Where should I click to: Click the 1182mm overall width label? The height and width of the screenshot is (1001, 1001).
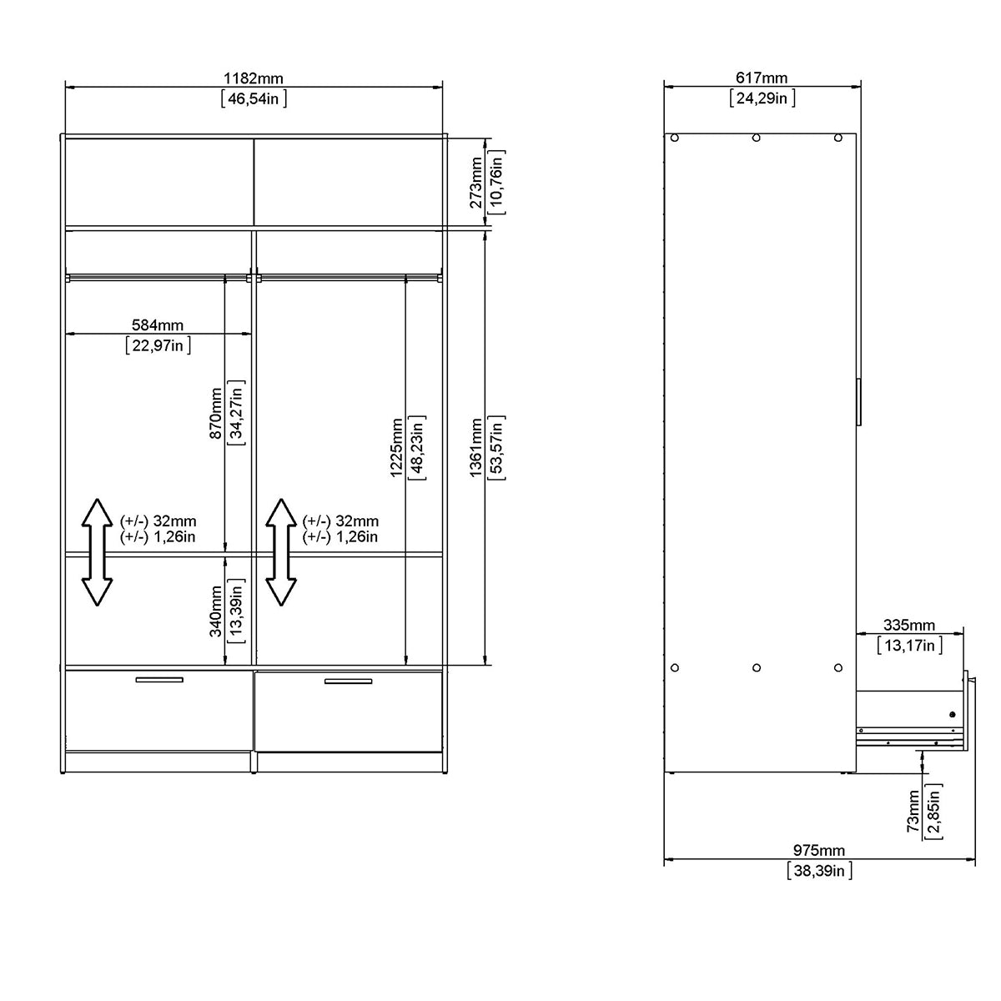pyautogui.click(x=253, y=78)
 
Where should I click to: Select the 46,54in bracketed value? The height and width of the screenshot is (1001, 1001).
pyautogui.click(x=254, y=98)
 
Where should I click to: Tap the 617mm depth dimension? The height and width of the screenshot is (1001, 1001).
pyautogui.click(x=761, y=78)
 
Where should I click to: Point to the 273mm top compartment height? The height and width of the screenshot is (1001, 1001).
pyautogui.click(x=475, y=182)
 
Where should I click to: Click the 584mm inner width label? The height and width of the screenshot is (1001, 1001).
pyautogui.click(x=158, y=325)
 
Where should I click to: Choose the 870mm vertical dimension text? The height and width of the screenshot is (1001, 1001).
pyautogui.click(x=216, y=413)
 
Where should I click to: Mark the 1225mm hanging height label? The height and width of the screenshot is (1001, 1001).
pyautogui.click(x=397, y=446)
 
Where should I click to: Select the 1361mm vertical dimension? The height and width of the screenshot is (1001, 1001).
pyautogui.click(x=475, y=448)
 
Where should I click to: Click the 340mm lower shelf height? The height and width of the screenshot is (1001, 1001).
pyautogui.click(x=216, y=611)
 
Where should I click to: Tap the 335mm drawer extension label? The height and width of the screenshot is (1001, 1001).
pyautogui.click(x=909, y=626)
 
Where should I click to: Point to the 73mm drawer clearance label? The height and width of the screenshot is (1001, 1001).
pyautogui.click(x=913, y=811)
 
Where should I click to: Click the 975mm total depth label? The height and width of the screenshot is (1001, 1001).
pyautogui.click(x=818, y=851)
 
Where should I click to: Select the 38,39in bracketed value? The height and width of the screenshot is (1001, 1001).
pyautogui.click(x=819, y=871)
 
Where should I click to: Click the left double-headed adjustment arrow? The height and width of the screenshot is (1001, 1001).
pyautogui.click(x=98, y=551)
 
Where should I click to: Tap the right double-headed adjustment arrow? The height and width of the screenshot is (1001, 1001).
pyautogui.click(x=281, y=551)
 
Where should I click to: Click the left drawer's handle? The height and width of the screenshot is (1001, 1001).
pyautogui.click(x=158, y=680)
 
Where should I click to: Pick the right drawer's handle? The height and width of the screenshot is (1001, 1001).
pyautogui.click(x=348, y=682)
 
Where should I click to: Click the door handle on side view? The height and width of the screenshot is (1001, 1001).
pyautogui.click(x=858, y=403)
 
